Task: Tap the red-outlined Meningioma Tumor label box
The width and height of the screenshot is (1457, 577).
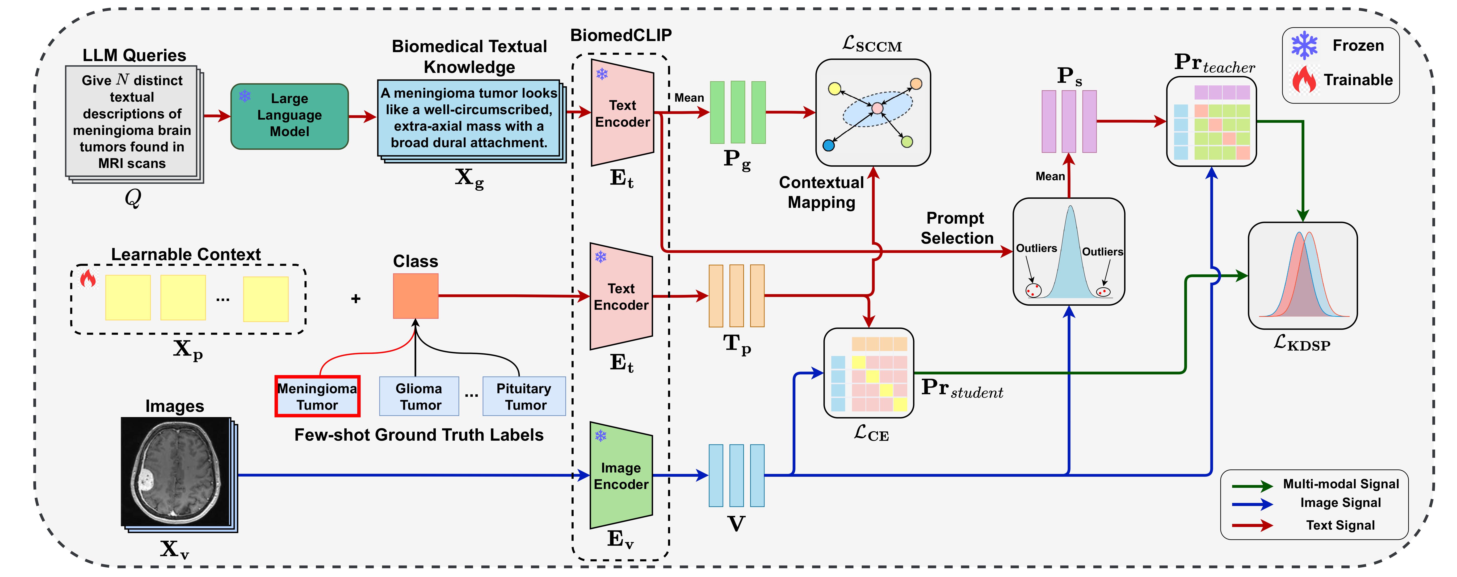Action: (317, 397)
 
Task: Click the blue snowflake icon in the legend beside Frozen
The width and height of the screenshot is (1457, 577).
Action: (1304, 45)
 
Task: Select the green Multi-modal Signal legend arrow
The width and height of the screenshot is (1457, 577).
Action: (1252, 485)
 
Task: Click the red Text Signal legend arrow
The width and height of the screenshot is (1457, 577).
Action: (1252, 526)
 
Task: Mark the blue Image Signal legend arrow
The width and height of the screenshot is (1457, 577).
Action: (1252, 504)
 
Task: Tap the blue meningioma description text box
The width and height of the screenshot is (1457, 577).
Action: (469, 118)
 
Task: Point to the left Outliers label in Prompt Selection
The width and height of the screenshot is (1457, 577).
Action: (1036, 248)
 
